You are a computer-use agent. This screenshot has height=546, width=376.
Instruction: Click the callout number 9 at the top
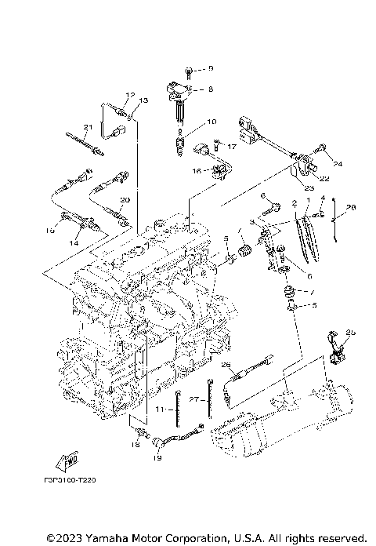coord(210,69)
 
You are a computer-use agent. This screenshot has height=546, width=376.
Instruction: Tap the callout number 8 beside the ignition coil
coord(210,89)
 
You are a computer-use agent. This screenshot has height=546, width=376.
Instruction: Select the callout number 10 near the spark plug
coord(211,122)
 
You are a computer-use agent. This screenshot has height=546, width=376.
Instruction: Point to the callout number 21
coord(88,128)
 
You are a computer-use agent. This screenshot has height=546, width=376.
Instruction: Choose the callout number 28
coord(350,207)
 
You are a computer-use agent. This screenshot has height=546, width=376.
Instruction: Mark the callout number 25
coord(350,333)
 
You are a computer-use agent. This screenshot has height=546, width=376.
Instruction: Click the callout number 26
coord(226,364)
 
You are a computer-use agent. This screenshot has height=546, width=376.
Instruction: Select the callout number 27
coord(193,399)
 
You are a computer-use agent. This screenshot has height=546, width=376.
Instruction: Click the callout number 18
coord(135,444)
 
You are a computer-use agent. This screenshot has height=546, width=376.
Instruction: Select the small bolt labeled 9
coord(190,69)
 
